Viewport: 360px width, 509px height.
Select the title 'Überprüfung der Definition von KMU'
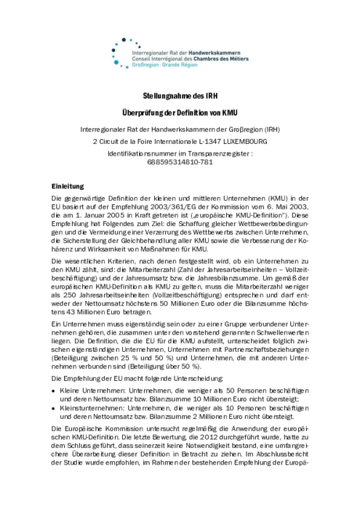click(x=179, y=114)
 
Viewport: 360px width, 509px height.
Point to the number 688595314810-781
click(x=179, y=163)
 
